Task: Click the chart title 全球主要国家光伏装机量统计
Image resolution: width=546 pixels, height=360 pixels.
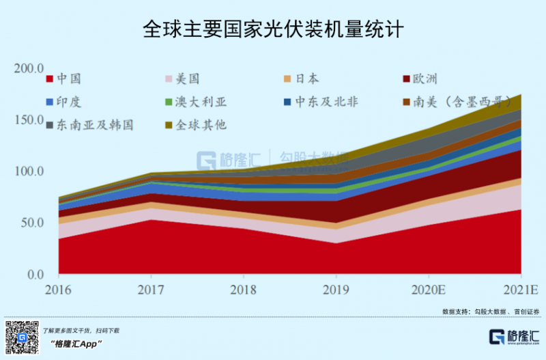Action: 273,29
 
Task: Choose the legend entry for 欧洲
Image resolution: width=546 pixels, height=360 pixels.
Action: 423,79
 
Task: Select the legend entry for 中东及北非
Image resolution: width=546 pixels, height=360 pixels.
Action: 321,102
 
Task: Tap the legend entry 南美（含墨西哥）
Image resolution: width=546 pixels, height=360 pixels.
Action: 463,102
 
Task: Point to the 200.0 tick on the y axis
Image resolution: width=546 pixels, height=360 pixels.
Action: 30,68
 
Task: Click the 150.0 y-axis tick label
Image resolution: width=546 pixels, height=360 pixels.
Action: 30,120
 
